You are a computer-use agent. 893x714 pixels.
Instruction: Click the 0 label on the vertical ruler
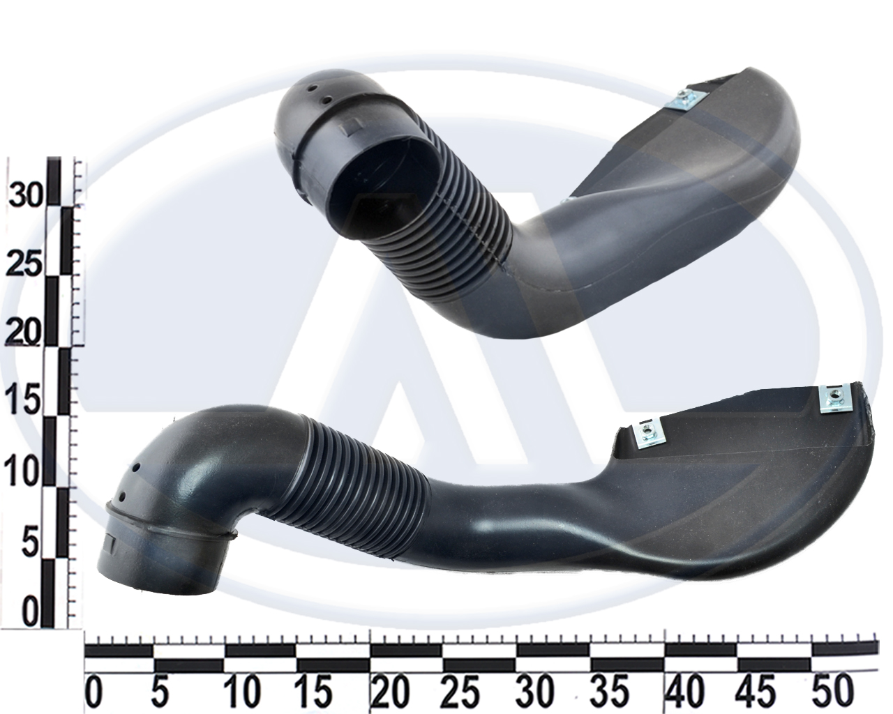click(30, 612)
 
